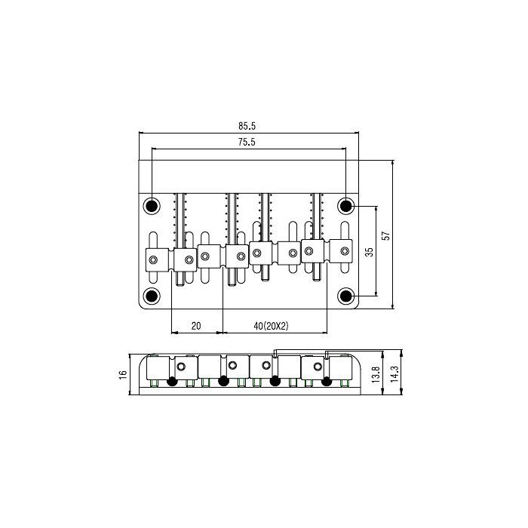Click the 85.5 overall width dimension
tap(247, 126)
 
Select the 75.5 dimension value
tap(247, 142)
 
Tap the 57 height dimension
tap(386, 235)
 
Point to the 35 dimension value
tap(370, 251)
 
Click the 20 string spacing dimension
tap(196, 326)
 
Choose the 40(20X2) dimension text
tap(271, 326)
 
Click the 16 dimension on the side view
tap(122, 374)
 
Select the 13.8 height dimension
tap(376, 374)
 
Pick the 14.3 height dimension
tap(394, 374)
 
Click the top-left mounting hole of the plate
tap(152, 205)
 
